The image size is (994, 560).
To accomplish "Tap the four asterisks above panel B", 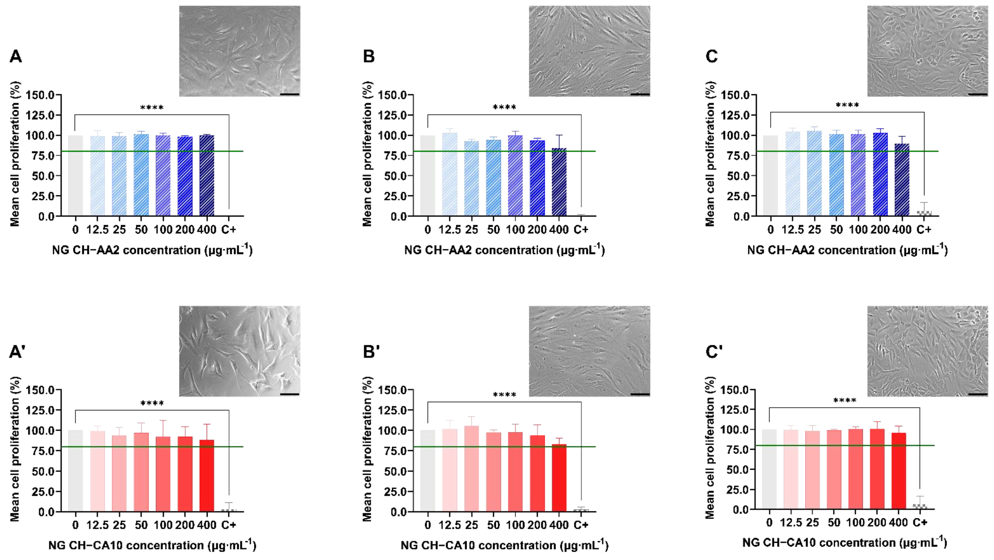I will pyautogui.click(x=504, y=107).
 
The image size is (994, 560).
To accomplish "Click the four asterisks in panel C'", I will pyautogui.click(x=845, y=400).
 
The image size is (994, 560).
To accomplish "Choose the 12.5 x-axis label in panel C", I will pyautogui.click(x=793, y=230).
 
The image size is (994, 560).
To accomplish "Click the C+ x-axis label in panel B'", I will pyautogui.click(x=581, y=525).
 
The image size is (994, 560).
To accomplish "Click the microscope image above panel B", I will pyautogui.click(x=589, y=51).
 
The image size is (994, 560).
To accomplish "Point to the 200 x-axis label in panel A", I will pyautogui.click(x=185, y=230).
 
